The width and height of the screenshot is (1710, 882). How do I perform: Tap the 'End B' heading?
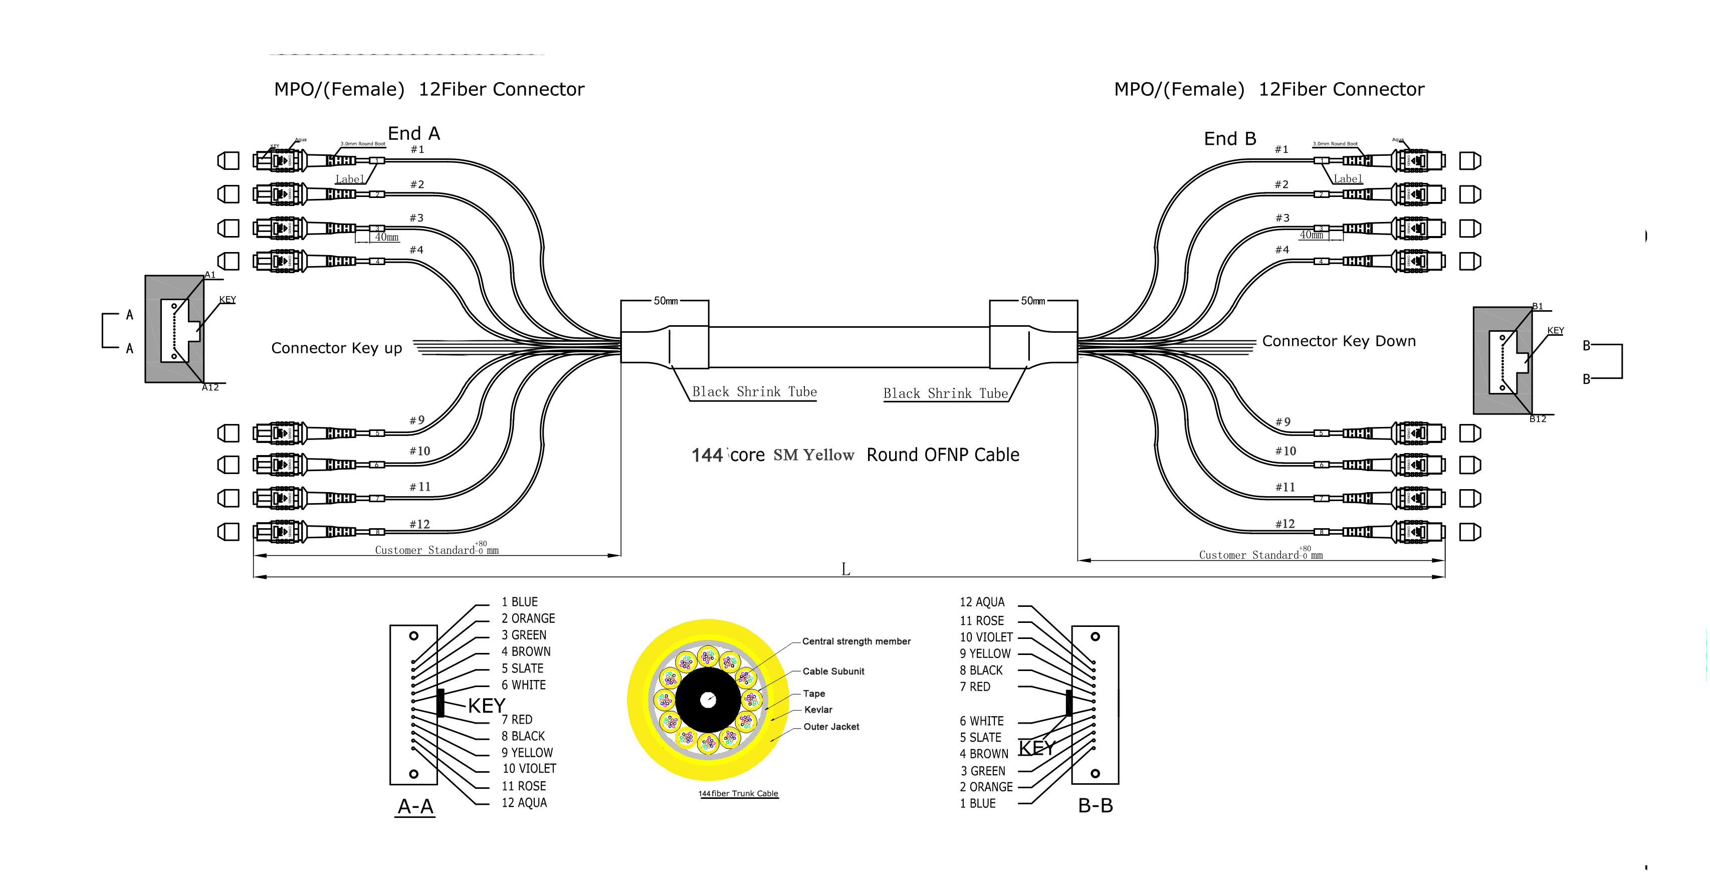(1229, 139)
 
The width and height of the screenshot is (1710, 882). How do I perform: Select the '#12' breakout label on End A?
(419, 524)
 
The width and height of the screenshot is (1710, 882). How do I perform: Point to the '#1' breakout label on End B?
(1281, 149)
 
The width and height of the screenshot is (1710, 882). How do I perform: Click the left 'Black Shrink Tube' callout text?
(754, 391)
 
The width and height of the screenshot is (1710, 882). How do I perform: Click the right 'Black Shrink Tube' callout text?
(945, 393)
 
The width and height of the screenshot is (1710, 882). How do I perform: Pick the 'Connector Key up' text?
(337, 348)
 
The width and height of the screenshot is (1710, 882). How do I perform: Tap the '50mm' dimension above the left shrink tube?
(666, 301)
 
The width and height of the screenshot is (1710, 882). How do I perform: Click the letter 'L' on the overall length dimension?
(845, 569)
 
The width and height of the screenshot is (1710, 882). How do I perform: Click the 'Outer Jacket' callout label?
(830, 727)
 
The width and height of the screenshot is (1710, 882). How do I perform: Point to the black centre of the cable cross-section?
(708, 700)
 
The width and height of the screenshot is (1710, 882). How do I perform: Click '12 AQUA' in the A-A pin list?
(524, 802)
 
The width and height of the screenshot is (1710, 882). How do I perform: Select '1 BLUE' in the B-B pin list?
(977, 803)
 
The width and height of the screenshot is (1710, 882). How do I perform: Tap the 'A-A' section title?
(415, 806)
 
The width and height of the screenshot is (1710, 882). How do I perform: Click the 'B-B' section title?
(1095, 806)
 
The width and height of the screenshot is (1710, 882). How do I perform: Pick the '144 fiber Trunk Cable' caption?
(738, 794)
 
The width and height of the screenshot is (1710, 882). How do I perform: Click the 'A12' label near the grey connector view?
(210, 387)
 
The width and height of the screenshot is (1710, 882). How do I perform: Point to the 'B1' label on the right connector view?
(1538, 307)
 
